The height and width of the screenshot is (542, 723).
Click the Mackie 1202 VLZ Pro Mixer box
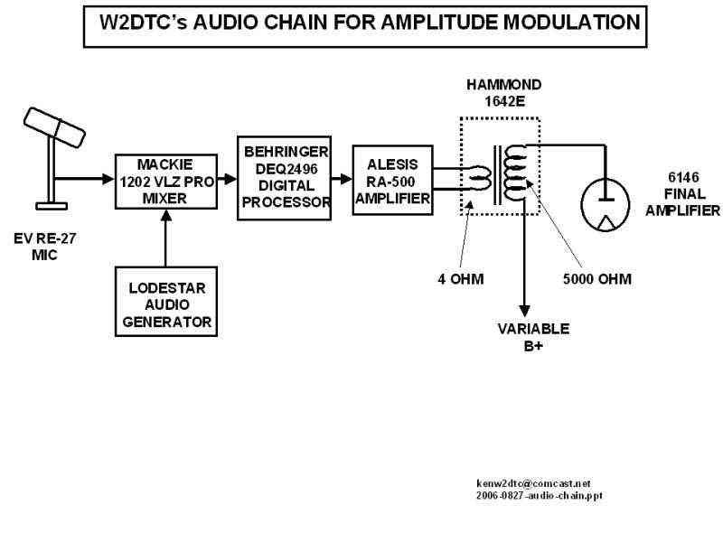(166, 182)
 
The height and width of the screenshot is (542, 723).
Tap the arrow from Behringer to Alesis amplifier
(342, 180)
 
